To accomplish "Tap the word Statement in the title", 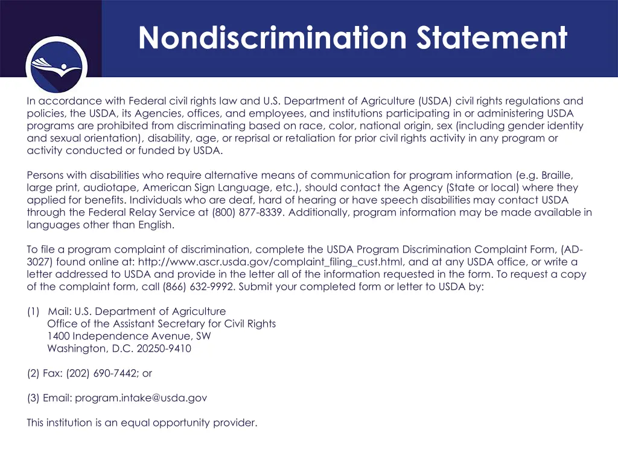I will pyautogui.click(x=491, y=38).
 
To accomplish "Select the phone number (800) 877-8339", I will pyautogui.click(x=247, y=213).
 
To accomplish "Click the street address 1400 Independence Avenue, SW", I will pyautogui.click(x=129, y=336).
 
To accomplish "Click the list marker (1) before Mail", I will pyautogui.click(x=33, y=312).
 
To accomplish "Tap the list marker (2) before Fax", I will pyautogui.click(x=33, y=373).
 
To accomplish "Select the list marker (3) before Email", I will pyautogui.click(x=33, y=398).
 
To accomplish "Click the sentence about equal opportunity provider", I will pyautogui.click(x=142, y=423).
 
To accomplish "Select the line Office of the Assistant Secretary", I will pyautogui.click(x=161, y=324).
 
